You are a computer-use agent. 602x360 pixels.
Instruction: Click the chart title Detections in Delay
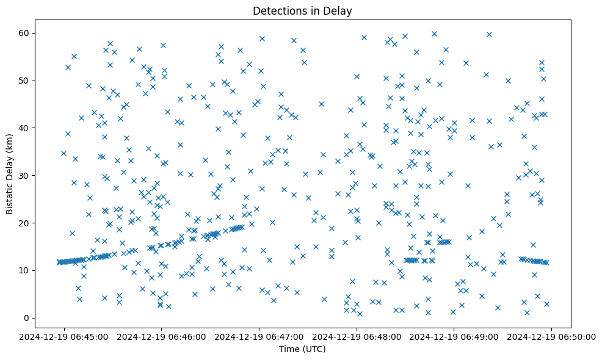[303, 11]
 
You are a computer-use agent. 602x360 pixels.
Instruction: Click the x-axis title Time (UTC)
[303, 349]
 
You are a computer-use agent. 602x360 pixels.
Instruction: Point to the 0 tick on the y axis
[27, 318]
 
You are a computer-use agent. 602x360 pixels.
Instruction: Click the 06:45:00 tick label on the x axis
[63, 336]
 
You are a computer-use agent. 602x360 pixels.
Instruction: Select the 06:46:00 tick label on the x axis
[161, 336]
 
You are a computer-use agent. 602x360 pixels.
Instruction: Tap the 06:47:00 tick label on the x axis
[259, 336]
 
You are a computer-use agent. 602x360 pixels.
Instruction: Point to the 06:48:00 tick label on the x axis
[357, 336]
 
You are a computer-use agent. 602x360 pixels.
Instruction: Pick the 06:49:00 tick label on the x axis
[454, 336]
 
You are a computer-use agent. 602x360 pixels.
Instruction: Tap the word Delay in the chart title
[340, 11]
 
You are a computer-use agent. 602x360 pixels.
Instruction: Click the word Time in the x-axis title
[290, 349]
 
